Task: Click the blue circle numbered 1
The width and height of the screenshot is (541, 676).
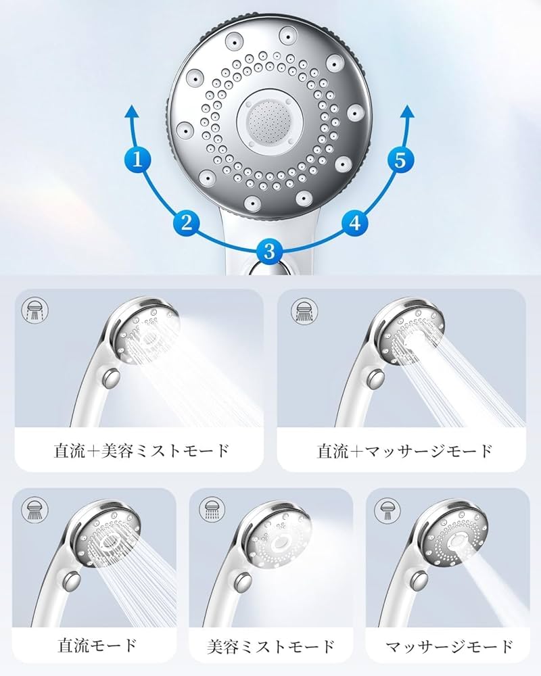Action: coord(138,160)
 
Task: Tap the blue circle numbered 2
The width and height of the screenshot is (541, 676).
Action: coord(187,222)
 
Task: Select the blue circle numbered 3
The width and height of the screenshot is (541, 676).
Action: coord(269,251)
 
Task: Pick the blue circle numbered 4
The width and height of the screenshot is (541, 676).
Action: coord(355,222)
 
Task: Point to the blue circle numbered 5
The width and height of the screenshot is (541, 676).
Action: coord(400,160)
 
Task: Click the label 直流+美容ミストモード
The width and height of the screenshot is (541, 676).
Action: coord(141,450)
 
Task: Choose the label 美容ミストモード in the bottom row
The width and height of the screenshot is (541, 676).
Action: coord(271,646)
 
